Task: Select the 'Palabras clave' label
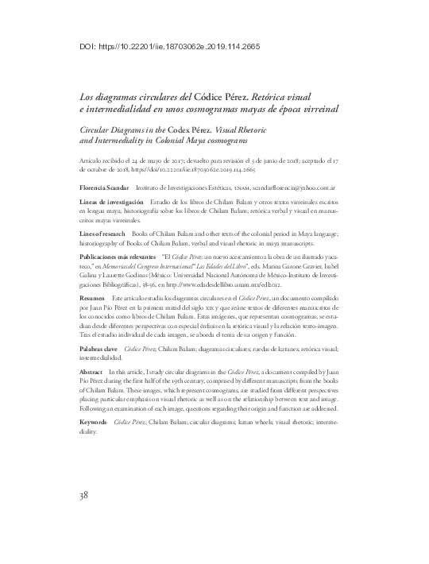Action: [x=99, y=348]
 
